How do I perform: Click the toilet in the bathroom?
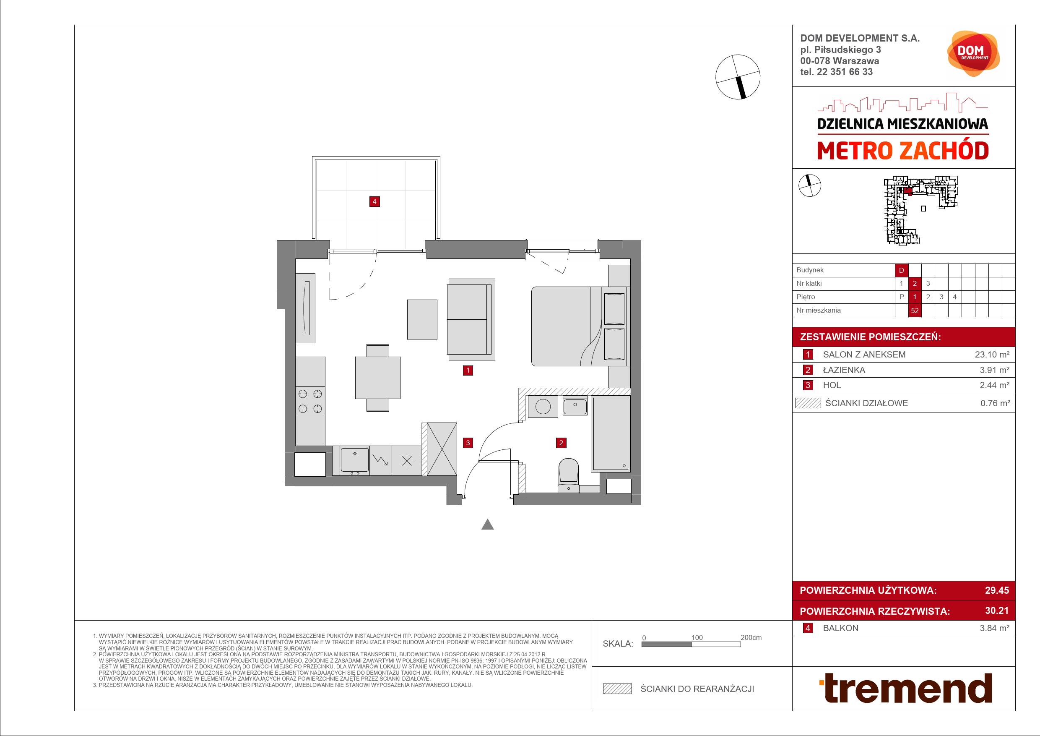click(x=569, y=475)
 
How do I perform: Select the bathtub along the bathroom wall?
click(x=611, y=434)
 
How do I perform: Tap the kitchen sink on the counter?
click(x=355, y=460)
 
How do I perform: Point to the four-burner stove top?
click(x=310, y=402)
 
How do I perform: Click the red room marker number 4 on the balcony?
click(x=374, y=202)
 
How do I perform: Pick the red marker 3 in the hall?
click(x=468, y=443)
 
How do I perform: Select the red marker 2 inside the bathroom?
click(x=561, y=443)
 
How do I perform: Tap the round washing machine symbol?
click(x=543, y=407)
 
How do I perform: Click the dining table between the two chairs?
click(x=378, y=378)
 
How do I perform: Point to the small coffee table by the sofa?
click(x=422, y=319)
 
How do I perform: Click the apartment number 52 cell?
click(x=915, y=311)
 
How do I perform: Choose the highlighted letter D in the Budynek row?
click(x=901, y=270)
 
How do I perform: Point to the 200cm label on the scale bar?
click(x=751, y=637)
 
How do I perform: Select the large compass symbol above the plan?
click(x=738, y=77)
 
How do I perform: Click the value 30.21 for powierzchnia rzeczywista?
click(x=997, y=611)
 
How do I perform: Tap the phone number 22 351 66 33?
click(x=844, y=72)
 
